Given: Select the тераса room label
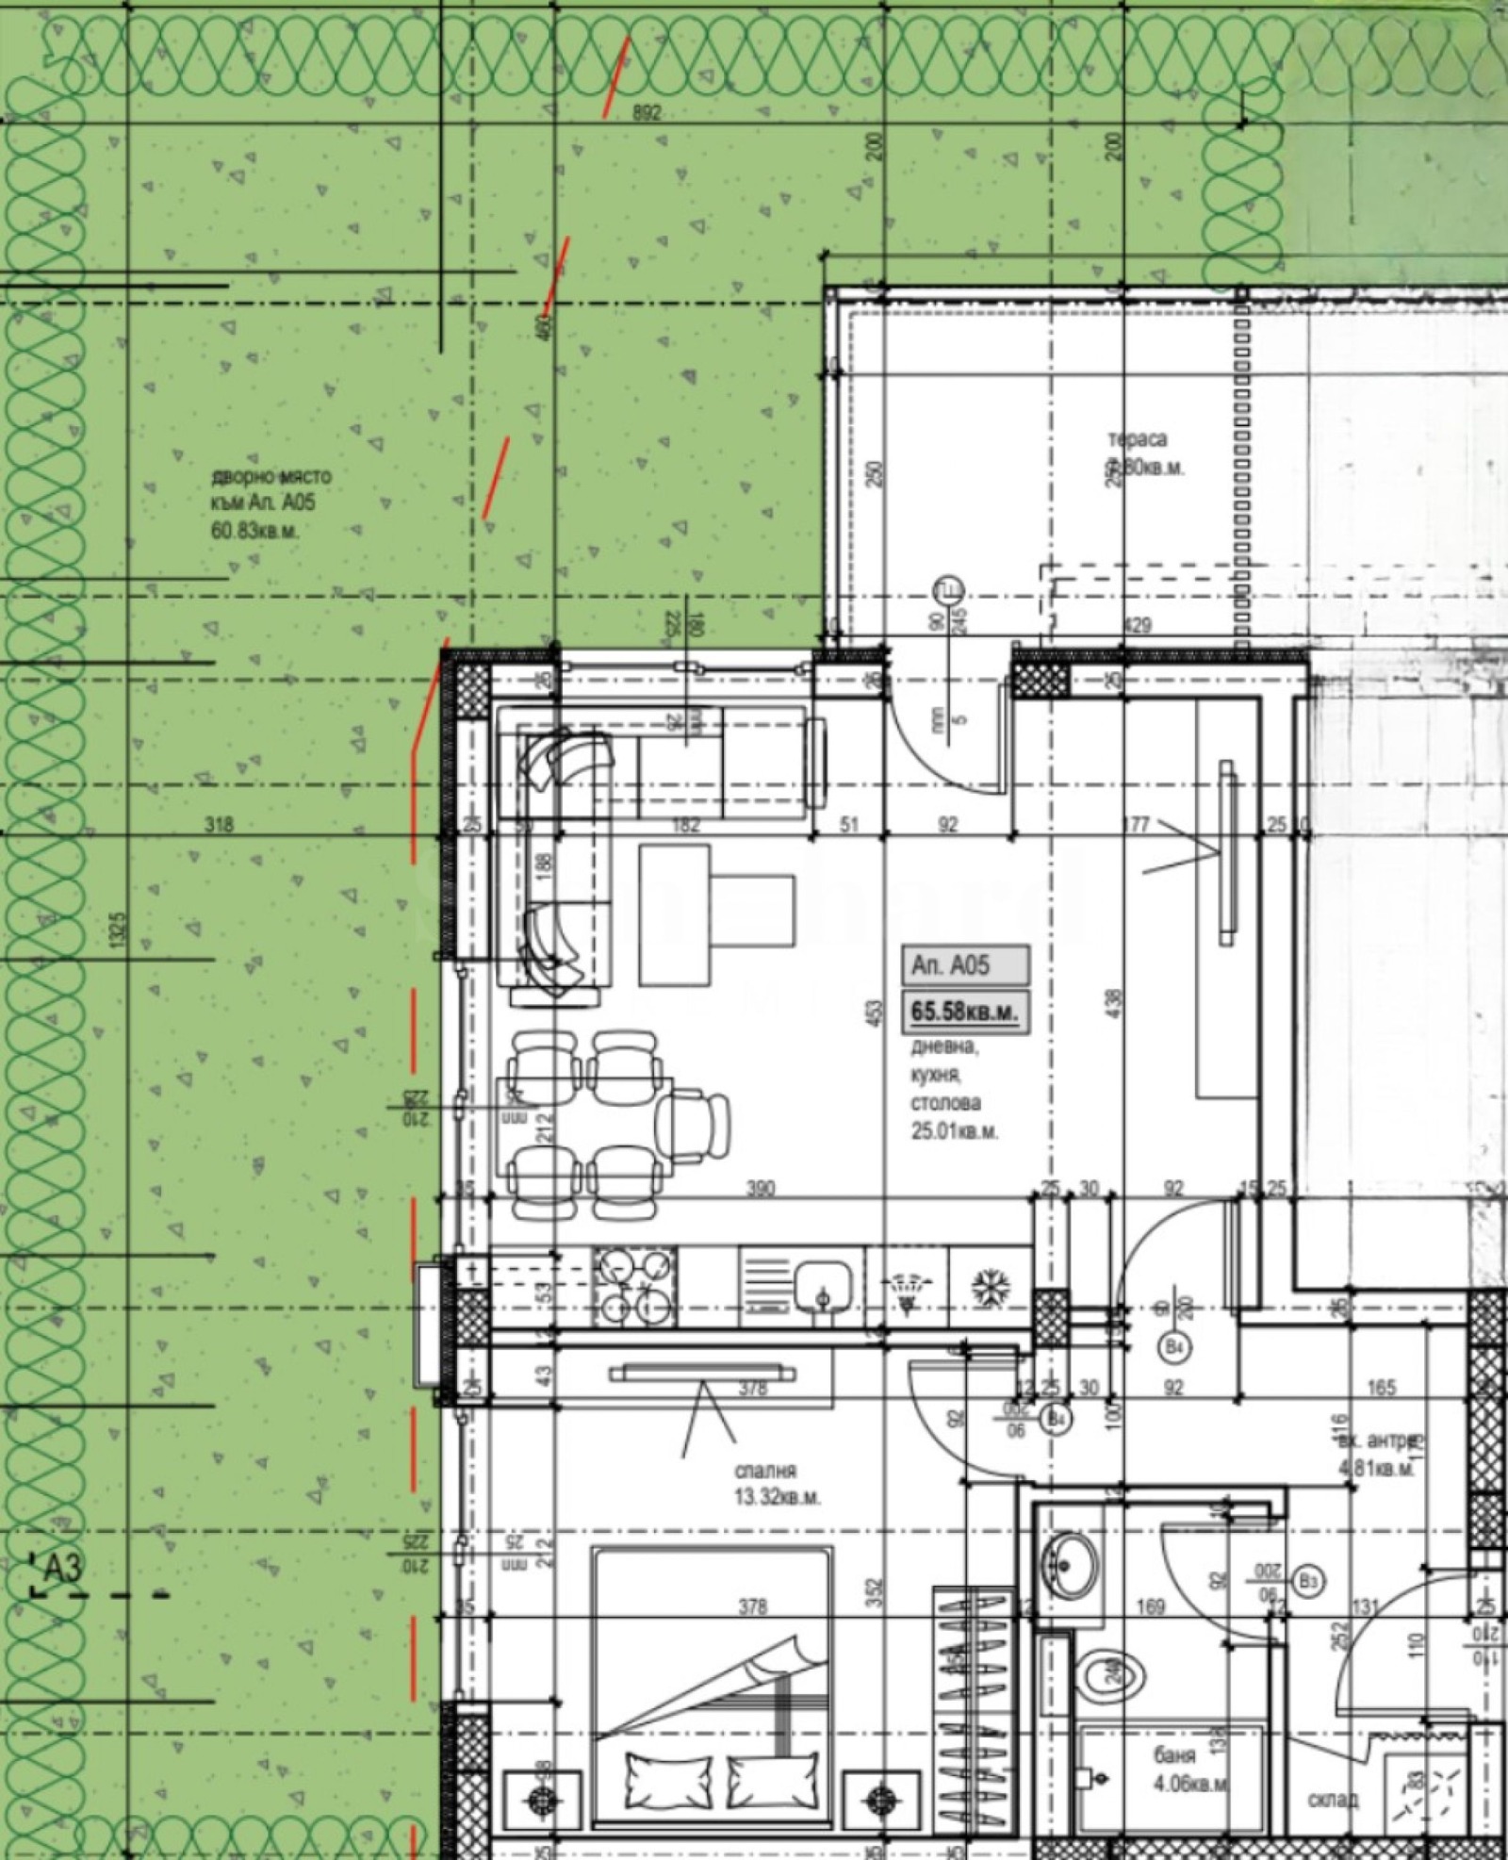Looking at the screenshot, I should [x=1137, y=439].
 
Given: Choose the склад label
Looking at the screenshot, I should [x=1333, y=1800].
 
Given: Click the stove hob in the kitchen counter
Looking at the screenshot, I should [x=634, y=1285].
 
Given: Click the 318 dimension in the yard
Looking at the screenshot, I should [x=219, y=825].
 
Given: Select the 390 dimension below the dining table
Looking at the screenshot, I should [x=761, y=1189].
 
